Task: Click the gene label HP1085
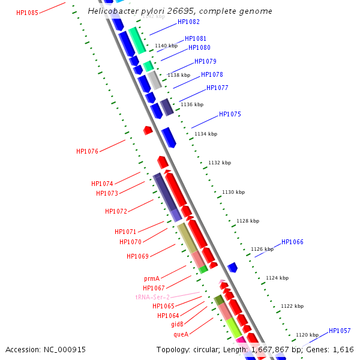click(27, 13)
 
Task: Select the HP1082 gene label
click(188, 22)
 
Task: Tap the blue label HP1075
click(230, 114)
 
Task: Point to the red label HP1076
click(87, 152)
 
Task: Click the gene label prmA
click(152, 278)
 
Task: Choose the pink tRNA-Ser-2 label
click(152, 297)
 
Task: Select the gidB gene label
click(177, 325)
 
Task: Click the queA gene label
click(181, 334)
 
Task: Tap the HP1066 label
click(292, 242)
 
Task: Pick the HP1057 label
click(340, 331)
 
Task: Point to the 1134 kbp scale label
click(206, 134)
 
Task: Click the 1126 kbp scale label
click(262, 249)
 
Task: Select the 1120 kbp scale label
click(307, 335)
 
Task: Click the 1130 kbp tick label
click(233, 192)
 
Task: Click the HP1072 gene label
click(116, 211)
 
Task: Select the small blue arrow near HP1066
click(233, 266)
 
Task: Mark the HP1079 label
click(205, 61)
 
